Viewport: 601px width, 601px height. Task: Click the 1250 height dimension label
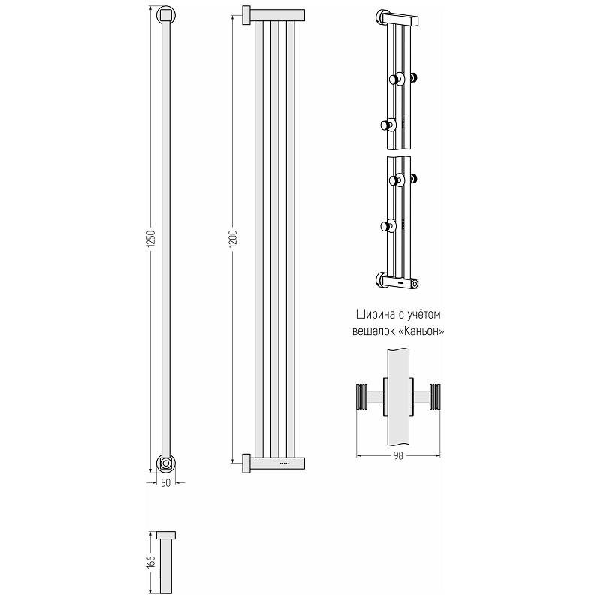click(x=152, y=238)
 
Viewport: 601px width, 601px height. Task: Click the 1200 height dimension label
click(x=234, y=238)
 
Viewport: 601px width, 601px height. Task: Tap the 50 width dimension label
click(x=165, y=483)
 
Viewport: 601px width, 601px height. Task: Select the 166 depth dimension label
click(x=152, y=562)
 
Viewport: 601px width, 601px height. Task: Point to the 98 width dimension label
click(x=398, y=456)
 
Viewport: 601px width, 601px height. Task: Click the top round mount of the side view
click(x=166, y=15)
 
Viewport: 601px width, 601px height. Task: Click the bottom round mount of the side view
click(x=166, y=463)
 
